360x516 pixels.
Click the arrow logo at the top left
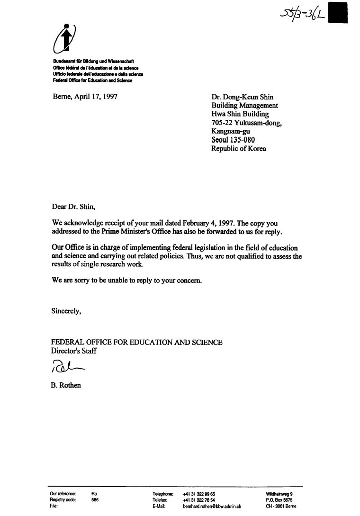66,38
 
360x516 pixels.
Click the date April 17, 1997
85,97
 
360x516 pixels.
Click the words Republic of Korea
238,148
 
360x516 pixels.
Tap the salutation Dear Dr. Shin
73,206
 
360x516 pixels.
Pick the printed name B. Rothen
66,385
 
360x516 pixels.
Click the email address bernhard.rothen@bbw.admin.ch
212,506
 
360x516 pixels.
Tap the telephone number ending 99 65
199,494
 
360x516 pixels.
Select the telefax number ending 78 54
199,500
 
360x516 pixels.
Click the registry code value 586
95,500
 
